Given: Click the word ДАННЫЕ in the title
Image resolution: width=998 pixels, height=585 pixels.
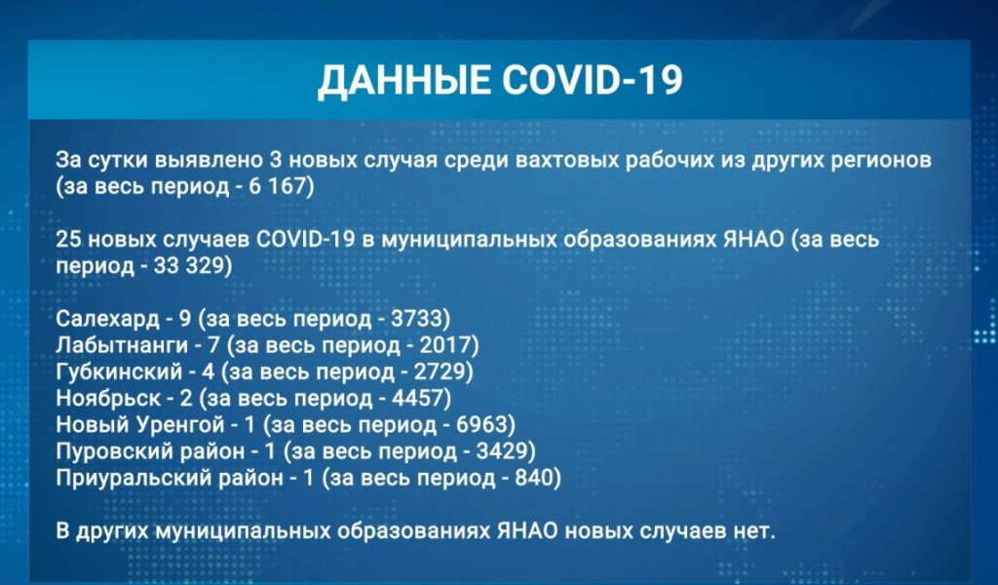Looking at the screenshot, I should coord(402,82).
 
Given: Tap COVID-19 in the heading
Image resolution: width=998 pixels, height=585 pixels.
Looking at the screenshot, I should coord(591,82).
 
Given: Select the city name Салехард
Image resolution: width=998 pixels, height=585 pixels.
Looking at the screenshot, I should coord(102,318).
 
